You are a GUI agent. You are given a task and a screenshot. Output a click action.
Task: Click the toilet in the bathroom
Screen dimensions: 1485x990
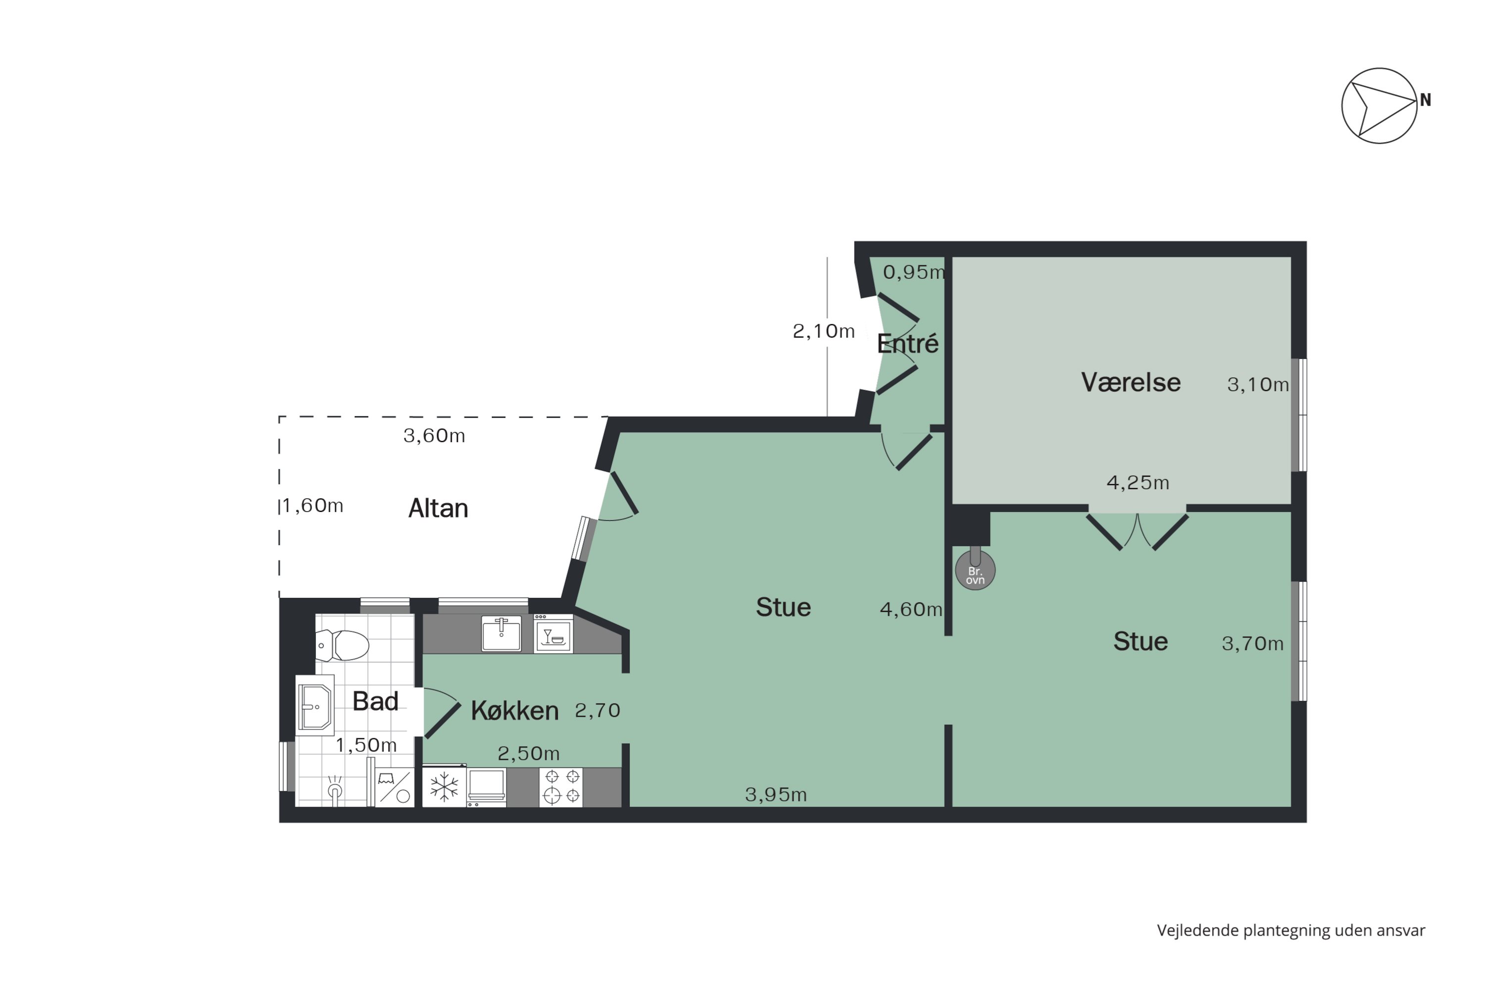click(342, 645)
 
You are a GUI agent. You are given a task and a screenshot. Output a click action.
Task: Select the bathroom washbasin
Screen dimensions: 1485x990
click(315, 706)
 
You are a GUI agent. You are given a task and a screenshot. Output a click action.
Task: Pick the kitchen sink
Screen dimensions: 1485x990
click(501, 634)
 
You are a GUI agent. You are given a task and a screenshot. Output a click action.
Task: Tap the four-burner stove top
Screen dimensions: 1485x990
click(561, 786)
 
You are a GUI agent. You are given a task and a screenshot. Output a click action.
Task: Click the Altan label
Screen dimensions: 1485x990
click(438, 508)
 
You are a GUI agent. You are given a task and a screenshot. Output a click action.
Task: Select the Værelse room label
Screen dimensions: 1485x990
click(1131, 383)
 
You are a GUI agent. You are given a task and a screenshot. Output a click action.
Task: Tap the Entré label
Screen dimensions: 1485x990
click(907, 344)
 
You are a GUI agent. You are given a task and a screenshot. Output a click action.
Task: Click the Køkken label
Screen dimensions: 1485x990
click(515, 711)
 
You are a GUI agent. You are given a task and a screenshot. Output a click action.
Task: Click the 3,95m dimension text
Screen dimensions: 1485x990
click(776, 794)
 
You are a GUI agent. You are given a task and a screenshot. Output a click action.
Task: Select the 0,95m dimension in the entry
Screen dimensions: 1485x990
click(914, 272)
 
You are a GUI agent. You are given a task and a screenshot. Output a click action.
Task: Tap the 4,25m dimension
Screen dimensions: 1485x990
click(1138, 483)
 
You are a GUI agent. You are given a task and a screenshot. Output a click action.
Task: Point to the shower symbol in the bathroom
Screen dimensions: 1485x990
click(335, 791)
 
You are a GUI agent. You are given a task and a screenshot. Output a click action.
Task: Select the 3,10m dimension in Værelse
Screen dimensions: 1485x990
click(1258, 385)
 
